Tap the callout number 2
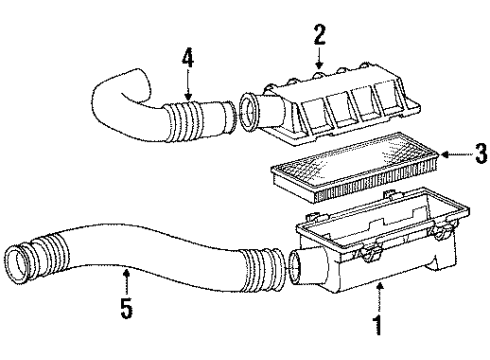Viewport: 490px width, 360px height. pyautogui.click(x=320, y=37)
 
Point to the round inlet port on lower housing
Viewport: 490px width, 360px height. pyautogui.click(x=297, y=268)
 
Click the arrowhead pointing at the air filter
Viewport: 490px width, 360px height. pyautogui.click(x=447, y=154)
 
